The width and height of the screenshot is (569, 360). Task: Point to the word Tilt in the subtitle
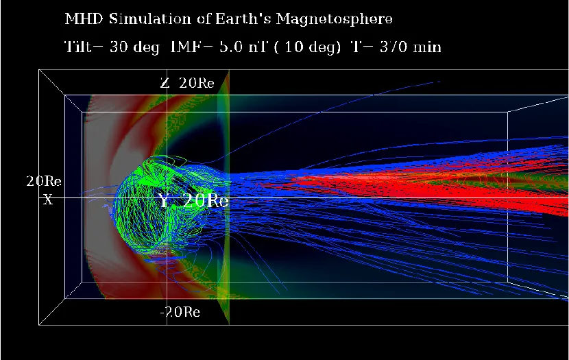[x=77, y=47]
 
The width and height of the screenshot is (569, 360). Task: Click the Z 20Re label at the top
[x=187, y=84]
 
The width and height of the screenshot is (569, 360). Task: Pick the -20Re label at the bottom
[x=180, y=312]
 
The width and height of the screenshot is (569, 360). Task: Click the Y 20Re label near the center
[x=193, y=201]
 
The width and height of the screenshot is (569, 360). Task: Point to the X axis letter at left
[x=47, y=200]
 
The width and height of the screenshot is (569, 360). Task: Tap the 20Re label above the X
[x=44, y=182]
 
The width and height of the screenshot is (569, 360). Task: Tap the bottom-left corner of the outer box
[x=39, y=324]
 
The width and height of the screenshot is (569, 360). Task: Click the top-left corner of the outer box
[x=39, y=70]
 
